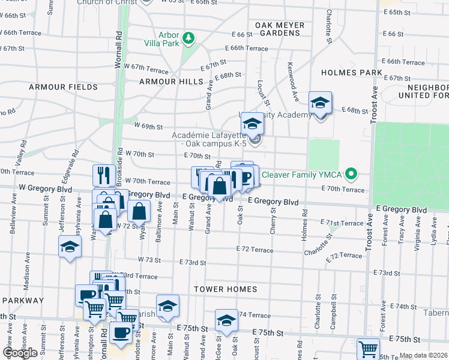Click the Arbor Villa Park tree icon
(189, 38)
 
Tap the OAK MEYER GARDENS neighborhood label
(277, 29)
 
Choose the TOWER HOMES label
(225, 289)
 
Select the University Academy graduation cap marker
(253, 124)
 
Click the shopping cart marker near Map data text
(368, 349)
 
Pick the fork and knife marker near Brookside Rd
(104, 175)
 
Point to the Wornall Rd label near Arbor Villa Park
(119, 41)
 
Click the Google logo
(19, 353)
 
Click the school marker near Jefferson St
(70, 247)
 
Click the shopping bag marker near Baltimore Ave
(139, 211)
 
